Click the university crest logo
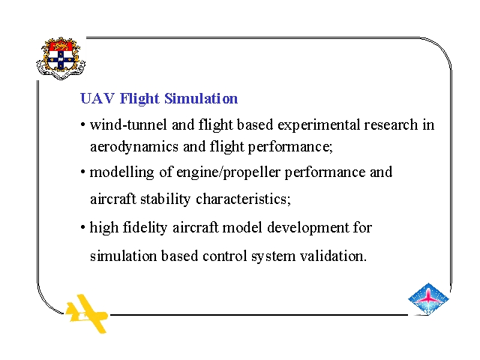click(61, 58)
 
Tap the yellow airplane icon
click(87, 313)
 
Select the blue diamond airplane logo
click(428, 298)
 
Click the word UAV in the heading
click(97, 98)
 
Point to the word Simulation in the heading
click(201, 98)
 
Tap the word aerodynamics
click(134, 147)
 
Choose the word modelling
click(121, 172)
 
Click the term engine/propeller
click(228, 172)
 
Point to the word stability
click(165, 199)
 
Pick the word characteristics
click(243, 199)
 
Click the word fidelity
click(145, 228)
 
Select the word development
click(307, 228)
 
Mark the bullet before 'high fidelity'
click(82, 228)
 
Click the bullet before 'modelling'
click(82, 172)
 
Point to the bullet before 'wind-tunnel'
click(82, 125)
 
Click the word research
click(391, 125)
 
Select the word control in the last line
click(225, 256)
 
